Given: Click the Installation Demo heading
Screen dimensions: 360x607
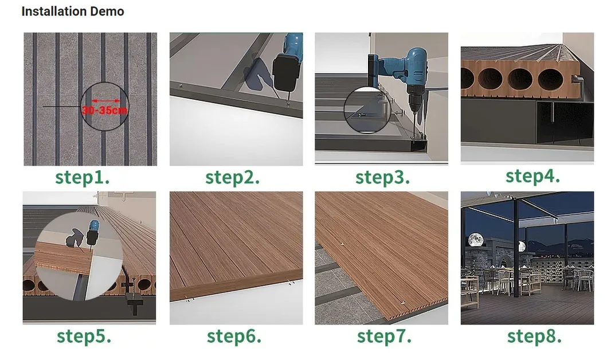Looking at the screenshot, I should [73, 11].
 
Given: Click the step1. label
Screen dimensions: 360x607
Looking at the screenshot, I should [83, 177].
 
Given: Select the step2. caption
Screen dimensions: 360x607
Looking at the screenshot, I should [232, 177].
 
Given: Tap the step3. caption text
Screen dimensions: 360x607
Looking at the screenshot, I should [382, 177].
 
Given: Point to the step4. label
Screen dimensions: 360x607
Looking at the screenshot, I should [532, 175].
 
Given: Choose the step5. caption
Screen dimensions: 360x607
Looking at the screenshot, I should [84, 336].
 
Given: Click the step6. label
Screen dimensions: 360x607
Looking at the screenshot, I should [234, 336].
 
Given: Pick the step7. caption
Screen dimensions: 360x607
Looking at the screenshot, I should [384, 336].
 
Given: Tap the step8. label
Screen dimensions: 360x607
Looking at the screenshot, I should [534, 336].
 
